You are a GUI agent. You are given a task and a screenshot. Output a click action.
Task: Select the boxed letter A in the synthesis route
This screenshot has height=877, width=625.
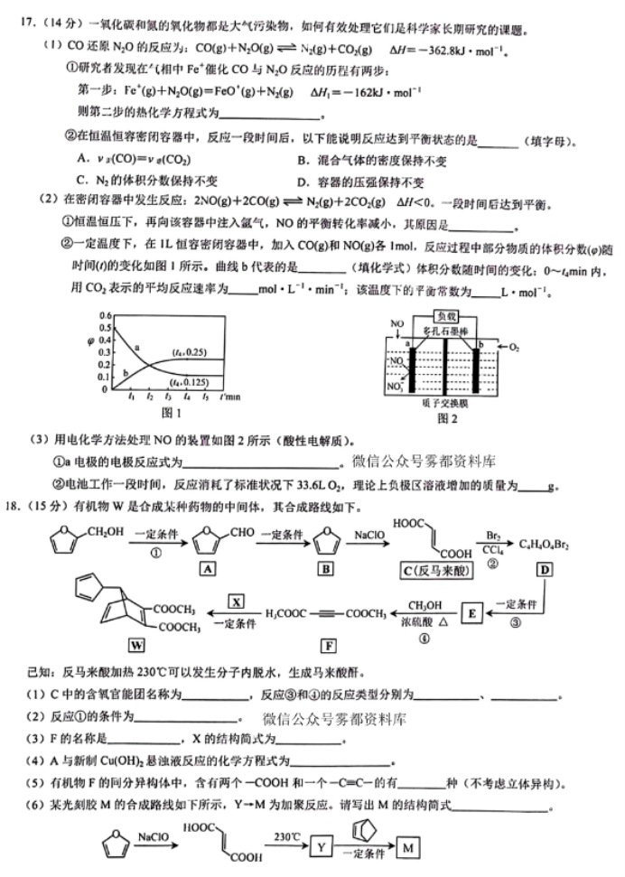(208, 569)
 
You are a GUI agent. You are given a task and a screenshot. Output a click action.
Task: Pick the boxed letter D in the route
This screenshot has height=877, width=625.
(546, 569)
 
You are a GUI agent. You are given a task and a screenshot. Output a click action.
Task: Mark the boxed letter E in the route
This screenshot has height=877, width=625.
(471, 614)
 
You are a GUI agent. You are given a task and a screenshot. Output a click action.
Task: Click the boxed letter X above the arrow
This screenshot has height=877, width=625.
(237, 602)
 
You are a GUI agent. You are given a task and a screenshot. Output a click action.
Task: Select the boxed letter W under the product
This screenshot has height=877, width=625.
(137, 645)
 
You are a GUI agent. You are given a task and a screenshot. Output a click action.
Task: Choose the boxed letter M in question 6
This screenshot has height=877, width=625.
(409, 848)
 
